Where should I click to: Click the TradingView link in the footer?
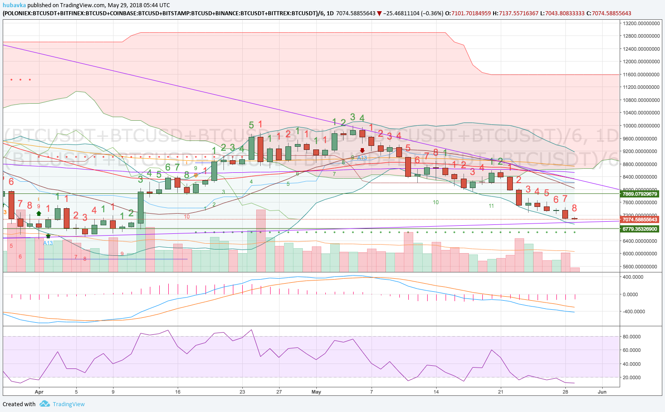click(x=68, y=404)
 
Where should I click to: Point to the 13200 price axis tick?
click(x=641, y=23)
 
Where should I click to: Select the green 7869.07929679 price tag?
click(x=639, y=194)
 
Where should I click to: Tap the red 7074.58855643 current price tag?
click(x=639, y=219)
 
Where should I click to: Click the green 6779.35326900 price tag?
click(x=639, y=229)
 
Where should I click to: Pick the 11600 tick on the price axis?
click(x=641, y=75)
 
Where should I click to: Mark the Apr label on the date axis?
click(x=39, y=392)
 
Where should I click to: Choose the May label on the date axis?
click(x=316, y=392)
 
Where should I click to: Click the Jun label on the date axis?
click(x=602, y=392)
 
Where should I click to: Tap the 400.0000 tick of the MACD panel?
click(x=633, y=277)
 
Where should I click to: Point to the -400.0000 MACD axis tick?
click(x=633, y=311)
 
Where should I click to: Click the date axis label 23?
click(x=242, y=392)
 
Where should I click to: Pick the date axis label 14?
click(x=436, y=392)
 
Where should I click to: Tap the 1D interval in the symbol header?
click(x=330, y=13)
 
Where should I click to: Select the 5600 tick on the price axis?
click(x=641, y=267)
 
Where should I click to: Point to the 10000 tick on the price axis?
click(x=641, y=126)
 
